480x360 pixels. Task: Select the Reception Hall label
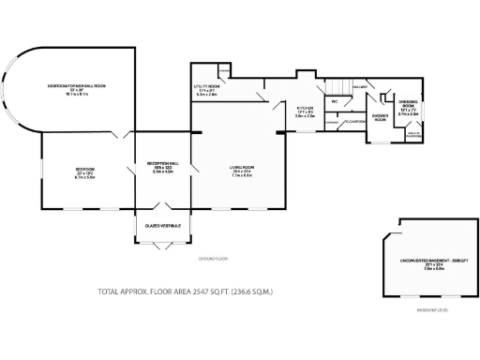[163, 164]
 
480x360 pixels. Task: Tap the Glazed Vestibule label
[163, 225]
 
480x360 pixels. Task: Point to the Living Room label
[243, 169]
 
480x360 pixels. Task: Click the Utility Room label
[206, 88]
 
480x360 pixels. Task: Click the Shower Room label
[381, 117]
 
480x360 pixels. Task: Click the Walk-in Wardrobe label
[412, 134]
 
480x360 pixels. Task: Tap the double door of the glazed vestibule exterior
[164, 247]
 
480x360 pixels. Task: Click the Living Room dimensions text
[243, 175]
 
